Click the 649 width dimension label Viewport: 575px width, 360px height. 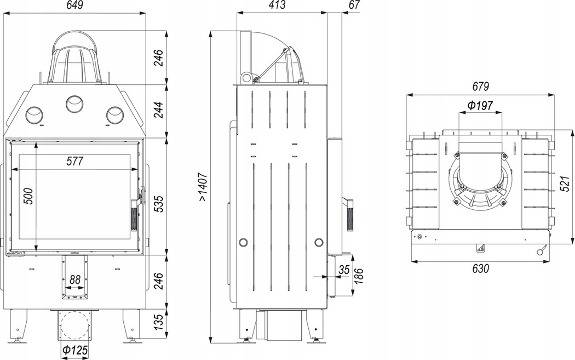tap(75, 6)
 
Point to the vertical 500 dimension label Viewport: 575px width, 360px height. tap(29, 196)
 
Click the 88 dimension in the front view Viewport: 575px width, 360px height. tap(75, 279)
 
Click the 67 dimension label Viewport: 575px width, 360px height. tap(354, 6)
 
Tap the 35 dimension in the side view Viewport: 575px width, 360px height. tap(344, 270)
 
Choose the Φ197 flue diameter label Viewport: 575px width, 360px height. tap(480, 105)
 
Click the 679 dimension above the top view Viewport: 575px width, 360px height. tap(480, 87)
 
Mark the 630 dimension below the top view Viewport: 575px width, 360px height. tap(480, 268)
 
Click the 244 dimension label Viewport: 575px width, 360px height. tap(158, 111)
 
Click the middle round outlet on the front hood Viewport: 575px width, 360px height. tap(74, 103)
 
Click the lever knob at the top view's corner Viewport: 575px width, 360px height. tap(542, 252)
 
